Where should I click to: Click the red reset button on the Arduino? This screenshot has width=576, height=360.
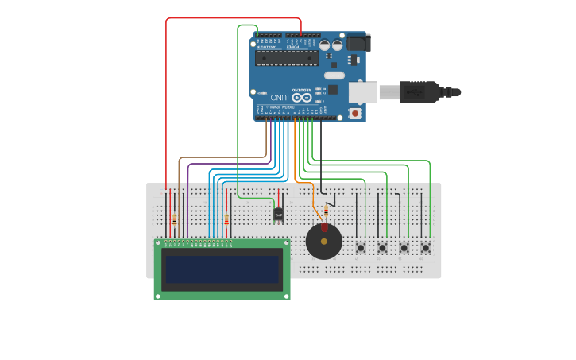click(x=354, y=114)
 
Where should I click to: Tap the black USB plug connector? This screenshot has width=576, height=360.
click(x=420, y=92)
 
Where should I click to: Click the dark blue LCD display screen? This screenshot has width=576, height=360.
click(x=222, y=269)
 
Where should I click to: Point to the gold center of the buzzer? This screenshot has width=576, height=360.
click(x=323, y=241)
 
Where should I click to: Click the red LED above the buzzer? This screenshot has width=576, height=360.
click(x=324, y=227)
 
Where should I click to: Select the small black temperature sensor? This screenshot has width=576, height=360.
click(x=278, y=213)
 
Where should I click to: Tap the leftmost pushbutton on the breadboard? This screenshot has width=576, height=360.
click(x=361, y=248)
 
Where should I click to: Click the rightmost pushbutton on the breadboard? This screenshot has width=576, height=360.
click(x=425, y=248)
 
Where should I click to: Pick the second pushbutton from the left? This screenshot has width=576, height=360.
click(x=382, y=248)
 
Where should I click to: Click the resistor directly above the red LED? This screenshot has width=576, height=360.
click(x=326, y=211)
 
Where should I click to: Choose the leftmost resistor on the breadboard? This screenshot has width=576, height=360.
click(x=175, y=219)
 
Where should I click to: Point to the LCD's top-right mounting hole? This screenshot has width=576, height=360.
click(x=286, y=243)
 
